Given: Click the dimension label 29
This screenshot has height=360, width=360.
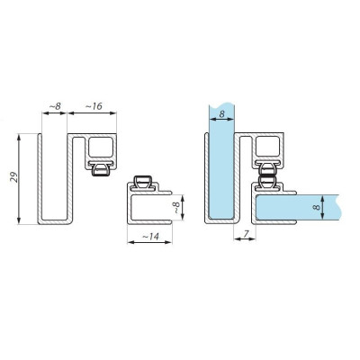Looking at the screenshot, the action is pyautogui.click(x=14, y=177).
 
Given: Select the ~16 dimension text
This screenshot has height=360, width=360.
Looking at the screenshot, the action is pyautogui.click(x=94, y=106).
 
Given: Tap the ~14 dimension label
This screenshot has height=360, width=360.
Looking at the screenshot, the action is pyautogui.click(x=150, y=237).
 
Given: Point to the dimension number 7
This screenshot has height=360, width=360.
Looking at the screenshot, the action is pyautogui.click(x=246, y=234).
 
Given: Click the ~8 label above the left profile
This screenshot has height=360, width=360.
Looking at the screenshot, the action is pyautogui.click(x=55, y=106).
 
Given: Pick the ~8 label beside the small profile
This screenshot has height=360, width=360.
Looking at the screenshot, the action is pyautogui.click(x=176, y=207).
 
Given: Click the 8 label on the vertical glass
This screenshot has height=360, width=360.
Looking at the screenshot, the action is pyautogui.click(x=221, y=114).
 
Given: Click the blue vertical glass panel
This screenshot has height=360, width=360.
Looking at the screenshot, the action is pyautogui.click(x=221, y=162).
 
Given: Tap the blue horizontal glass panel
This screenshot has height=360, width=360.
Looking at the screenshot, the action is pyautogui.click(x=298, y=207).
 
